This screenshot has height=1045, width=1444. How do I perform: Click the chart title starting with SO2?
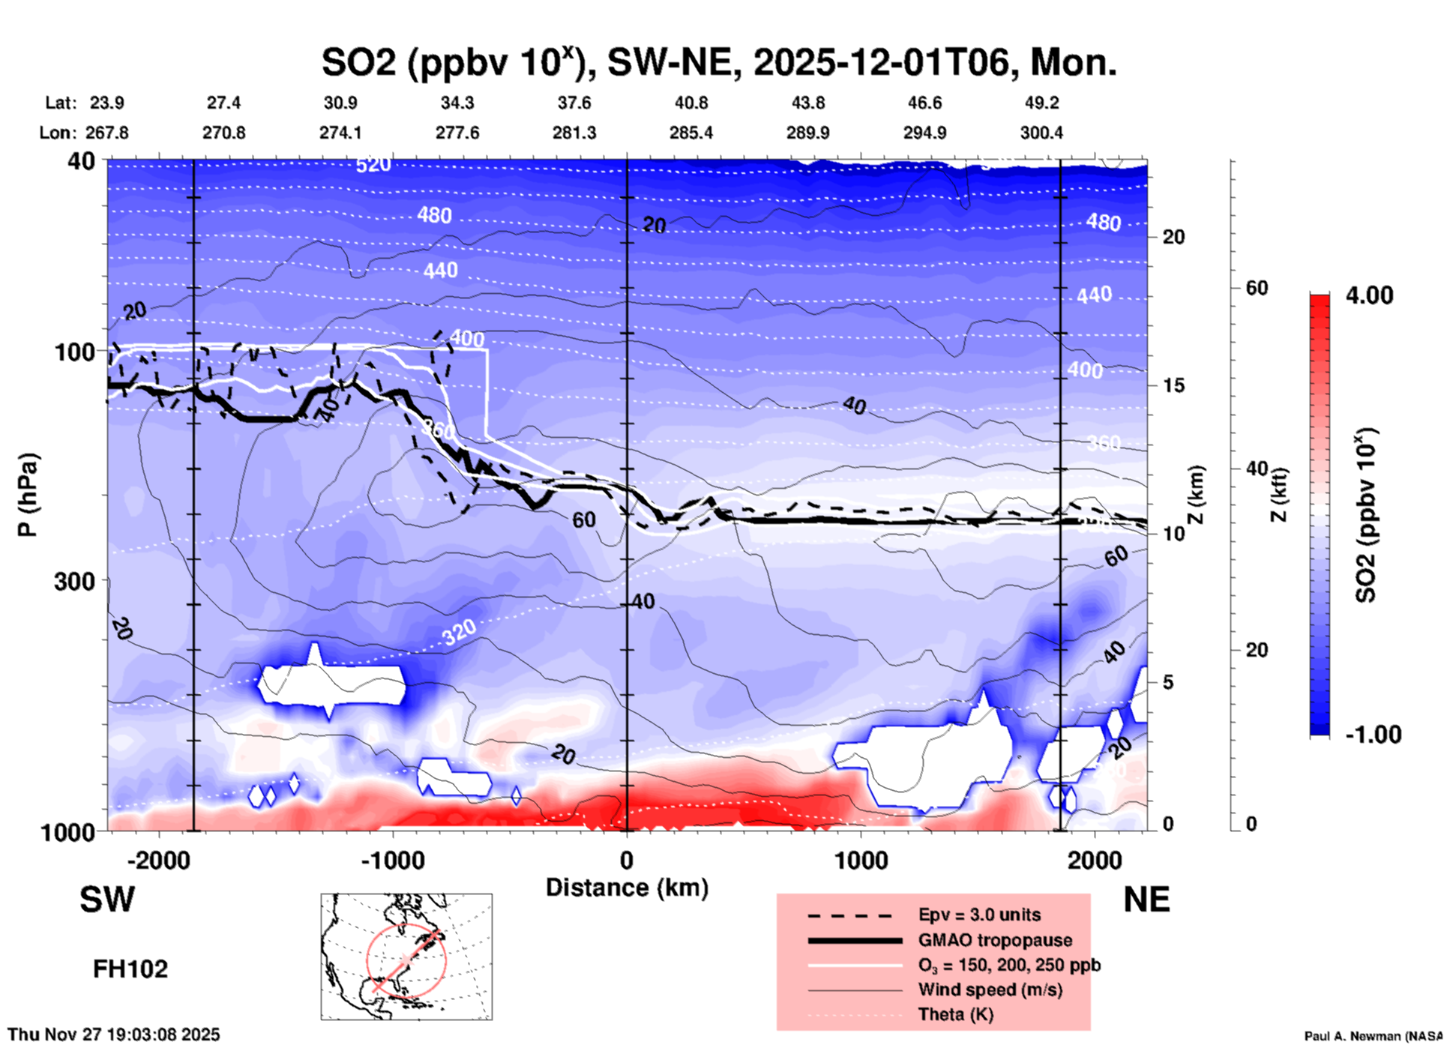point(718,62)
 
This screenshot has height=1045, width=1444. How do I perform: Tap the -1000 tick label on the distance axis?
point(393,860)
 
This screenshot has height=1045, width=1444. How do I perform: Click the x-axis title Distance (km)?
point(627,888)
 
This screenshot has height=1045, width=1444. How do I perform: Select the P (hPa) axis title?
point(27,495)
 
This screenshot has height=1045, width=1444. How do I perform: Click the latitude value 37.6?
point(574,103)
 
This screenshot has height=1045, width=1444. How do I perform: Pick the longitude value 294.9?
point(924,133)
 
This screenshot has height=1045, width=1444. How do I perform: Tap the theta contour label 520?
point(373,164)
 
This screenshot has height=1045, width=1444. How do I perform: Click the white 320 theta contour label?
point(459,633)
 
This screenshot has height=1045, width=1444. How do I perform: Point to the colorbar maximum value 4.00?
point(1369,295)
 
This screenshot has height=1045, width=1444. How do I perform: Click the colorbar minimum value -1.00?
point(1373,734)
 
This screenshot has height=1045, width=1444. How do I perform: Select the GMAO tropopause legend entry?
point(995,940)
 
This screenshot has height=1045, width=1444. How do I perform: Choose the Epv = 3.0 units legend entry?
point(979,915)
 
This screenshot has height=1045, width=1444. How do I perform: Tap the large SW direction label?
point(107,900)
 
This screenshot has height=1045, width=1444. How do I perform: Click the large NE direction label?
point(1146,900)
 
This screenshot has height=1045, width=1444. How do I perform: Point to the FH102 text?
point(130,969)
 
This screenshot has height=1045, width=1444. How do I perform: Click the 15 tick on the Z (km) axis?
point(1173,385)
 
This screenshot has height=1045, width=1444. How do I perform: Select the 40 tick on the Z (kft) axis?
point(1256,469)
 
